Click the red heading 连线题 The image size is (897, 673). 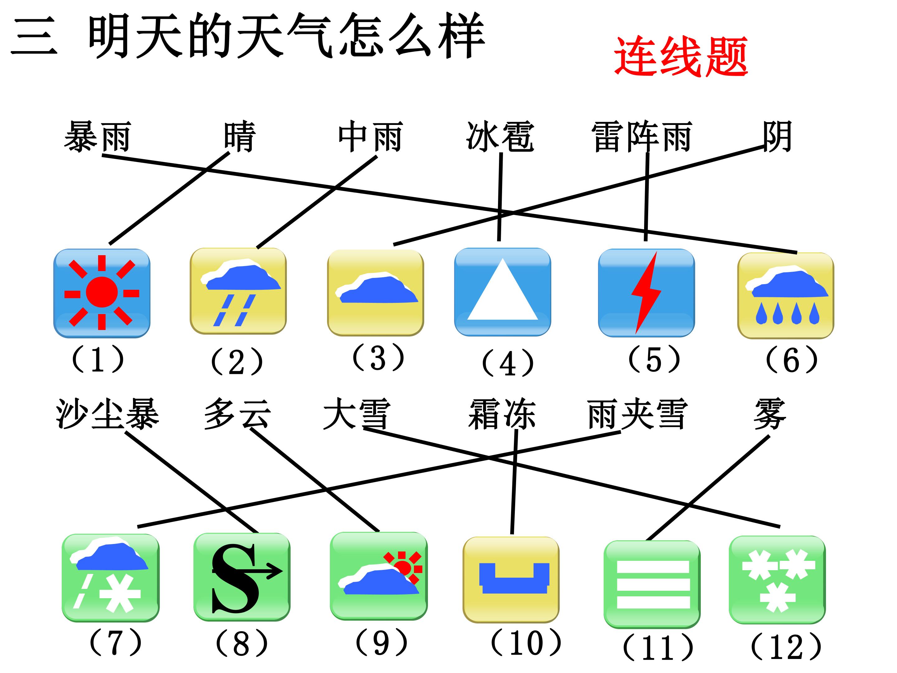click(681, 57)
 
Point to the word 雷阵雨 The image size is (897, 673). click(642, 137)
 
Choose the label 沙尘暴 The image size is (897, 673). click(107, 414)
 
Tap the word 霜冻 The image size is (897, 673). click(502, 414)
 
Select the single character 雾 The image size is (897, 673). click(769, 414)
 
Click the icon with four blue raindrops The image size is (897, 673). click(785, 295)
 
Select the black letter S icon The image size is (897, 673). click(242, 577)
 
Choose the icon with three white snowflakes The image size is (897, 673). click(777, 580)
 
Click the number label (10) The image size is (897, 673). click(526, 643)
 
